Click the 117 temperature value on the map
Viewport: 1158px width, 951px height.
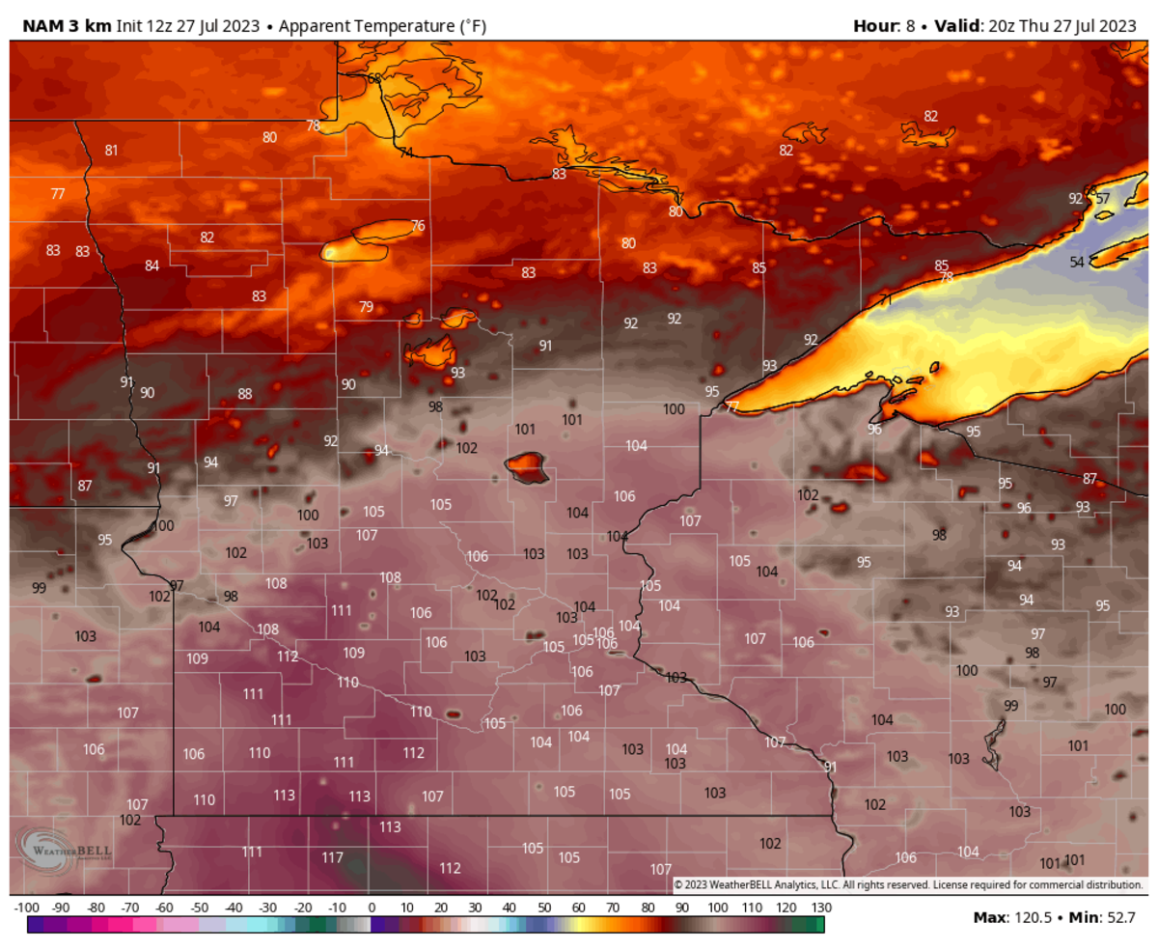coord(333,857)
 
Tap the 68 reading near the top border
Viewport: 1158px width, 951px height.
coord(374,78)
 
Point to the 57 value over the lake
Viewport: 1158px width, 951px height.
coord(1103,199)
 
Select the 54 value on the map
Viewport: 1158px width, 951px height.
coord(1077,263)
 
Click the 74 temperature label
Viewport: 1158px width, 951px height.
coord(406,153)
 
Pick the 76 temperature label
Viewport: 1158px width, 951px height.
coord(418,226)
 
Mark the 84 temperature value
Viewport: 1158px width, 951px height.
coord(152,266)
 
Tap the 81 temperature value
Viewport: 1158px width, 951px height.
coord(112,150)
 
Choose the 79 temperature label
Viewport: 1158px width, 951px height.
coord(366,307)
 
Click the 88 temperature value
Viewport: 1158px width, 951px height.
coord(245,394)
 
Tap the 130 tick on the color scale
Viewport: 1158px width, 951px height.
coord(821,909)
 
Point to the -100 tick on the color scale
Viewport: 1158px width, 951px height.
coord(27,909)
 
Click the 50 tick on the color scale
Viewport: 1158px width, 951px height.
coord(544,909)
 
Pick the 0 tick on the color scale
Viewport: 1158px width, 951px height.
coord(372,909)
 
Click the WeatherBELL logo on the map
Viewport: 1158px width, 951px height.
coord(65,851)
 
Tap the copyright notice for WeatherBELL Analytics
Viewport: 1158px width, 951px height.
coord(907,885)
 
